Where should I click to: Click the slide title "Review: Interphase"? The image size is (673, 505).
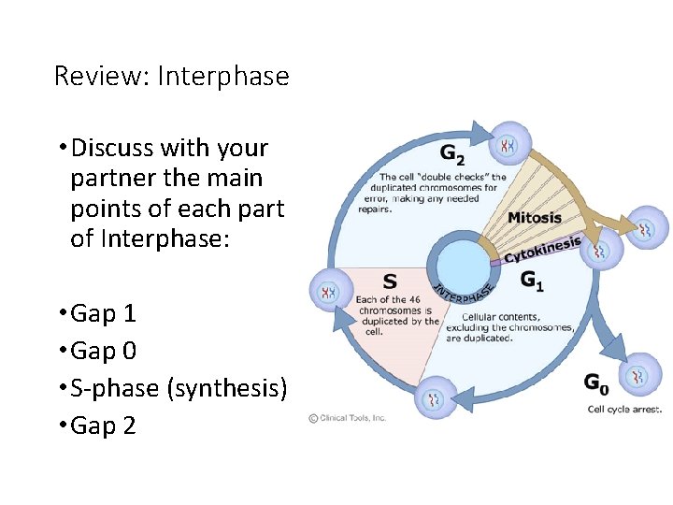click(x=172, y=76)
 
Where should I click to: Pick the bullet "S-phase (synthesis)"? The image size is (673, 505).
click(x=179, y=388)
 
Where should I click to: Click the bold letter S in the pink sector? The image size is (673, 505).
click(x=389, y=281)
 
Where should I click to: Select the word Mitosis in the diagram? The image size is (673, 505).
click(x=535, y=218)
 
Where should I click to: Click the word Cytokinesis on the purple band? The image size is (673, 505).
click(x=542, y=249)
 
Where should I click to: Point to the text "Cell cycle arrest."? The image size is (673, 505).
click(x=624, y=409)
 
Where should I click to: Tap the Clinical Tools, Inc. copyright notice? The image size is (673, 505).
click(x=348, y=418)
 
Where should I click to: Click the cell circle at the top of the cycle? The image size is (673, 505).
click(x=508, y=144)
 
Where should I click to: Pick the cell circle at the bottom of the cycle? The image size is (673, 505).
click(x=435, y=399)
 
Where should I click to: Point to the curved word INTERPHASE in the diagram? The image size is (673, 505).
click(x=464, y=293)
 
